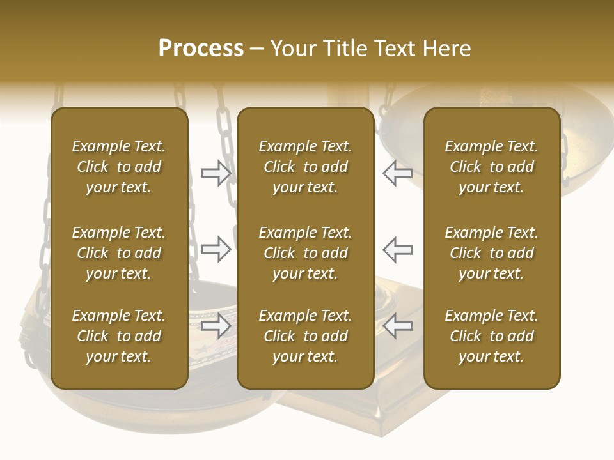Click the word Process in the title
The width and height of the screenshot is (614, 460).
[x=201, y=49]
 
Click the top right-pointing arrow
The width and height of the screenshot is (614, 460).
[x=216, y=173]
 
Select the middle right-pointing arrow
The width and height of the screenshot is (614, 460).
[x=216, y=249]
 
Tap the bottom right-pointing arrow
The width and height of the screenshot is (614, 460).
[x=216, y=326]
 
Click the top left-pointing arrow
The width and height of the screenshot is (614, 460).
[x=398, y=173]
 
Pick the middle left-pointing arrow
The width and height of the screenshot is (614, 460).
[x=398, y=249]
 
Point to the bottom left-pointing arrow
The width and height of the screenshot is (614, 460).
[x=398, y=326]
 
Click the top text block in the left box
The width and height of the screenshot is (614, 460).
[x=119, y=167]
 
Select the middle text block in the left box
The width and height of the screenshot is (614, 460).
[x=119, y=253]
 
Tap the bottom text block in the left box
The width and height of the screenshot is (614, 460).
[x=119, y=336]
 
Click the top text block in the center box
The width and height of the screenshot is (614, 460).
[x=305, y=167]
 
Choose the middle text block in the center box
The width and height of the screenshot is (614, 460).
[x=305, y=253]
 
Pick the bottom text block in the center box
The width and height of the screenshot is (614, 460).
[x=305, y=336]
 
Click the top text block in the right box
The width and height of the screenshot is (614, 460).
[x=491, y=167]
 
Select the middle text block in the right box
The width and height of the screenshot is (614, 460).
[x=491, y=253]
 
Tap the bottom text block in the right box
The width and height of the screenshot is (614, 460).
[x=491, y=336]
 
